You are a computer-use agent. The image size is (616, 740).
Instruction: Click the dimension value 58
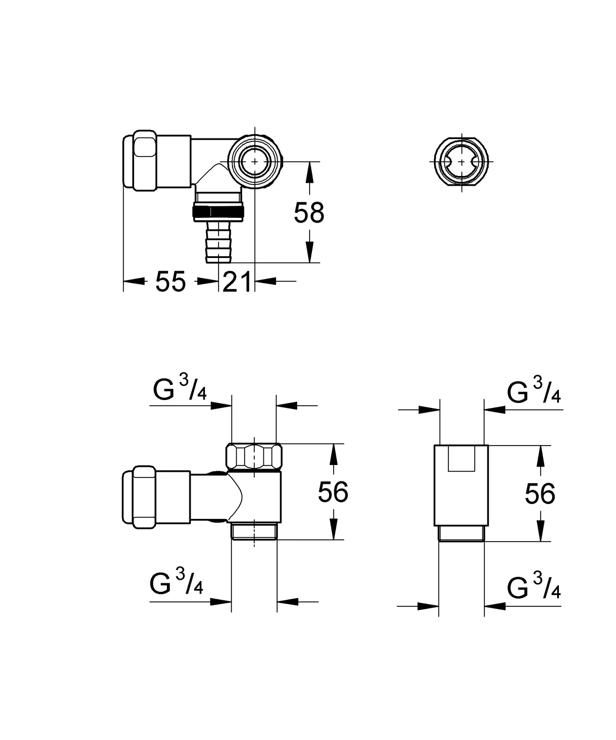pyautogui.click(x=309, y=213)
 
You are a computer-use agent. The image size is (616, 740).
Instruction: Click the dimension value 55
pyautogui.click(x=171, y=281)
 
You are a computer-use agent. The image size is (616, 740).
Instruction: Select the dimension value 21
pyautogui.click(x=237, y=281)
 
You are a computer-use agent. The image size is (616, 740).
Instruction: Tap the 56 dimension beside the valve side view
pyautogui.click(x=333, y=492)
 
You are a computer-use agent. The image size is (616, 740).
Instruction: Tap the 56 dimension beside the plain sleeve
pyautogui.click(x=540, y=494)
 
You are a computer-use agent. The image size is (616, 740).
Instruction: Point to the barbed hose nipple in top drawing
pyautogui.click(x=219, y=242)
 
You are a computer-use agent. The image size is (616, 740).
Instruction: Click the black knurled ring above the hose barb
pyautogui.click(x=218, y=212)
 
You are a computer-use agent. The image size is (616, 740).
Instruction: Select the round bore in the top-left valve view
pyautogui.click(x=255, y=161)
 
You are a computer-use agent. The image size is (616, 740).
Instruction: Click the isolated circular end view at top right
pyautogui.click(x=461, y=162)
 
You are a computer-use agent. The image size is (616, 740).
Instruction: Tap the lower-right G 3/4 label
pyautogui.click(x=534, y=589)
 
